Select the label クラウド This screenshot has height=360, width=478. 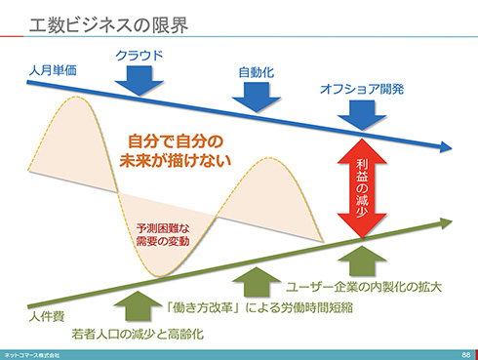coord(139,55)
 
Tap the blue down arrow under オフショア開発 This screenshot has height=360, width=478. coord(363,115)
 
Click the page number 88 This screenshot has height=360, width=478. coord(466,354)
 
